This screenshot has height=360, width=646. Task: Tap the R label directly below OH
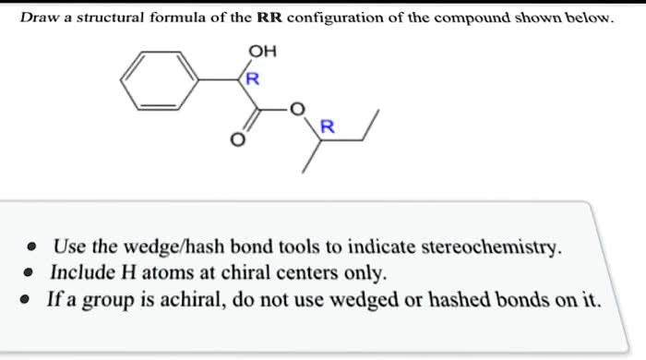(x=254, y=80)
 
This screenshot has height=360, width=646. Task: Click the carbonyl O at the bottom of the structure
(x=237, y=142)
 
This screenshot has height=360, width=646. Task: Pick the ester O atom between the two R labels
(x=296, y=110)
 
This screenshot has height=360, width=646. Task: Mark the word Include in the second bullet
(x=83, y=274)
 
